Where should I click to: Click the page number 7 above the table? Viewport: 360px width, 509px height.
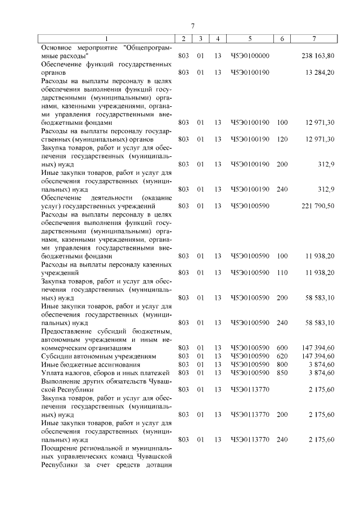point(192,26)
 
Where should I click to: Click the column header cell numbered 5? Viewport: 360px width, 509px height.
point(250,38)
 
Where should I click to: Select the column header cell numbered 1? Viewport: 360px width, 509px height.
point(107,38)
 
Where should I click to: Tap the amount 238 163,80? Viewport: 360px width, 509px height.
point(318,56)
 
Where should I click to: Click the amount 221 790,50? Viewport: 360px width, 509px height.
point(318,206)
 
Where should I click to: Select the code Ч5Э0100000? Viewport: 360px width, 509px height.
point(250,56)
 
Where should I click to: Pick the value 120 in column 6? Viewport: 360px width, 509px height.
point(282,139)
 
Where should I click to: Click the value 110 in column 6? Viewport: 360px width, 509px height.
point(282,272)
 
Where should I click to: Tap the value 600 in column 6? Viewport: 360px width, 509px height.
point(282,349)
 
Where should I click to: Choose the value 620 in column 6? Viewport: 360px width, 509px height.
point(282,357)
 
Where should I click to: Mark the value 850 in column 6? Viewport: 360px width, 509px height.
point(282,373)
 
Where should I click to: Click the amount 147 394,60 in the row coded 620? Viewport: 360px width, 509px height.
point(318,357)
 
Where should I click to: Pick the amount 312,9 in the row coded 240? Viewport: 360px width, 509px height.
point(326,189)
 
